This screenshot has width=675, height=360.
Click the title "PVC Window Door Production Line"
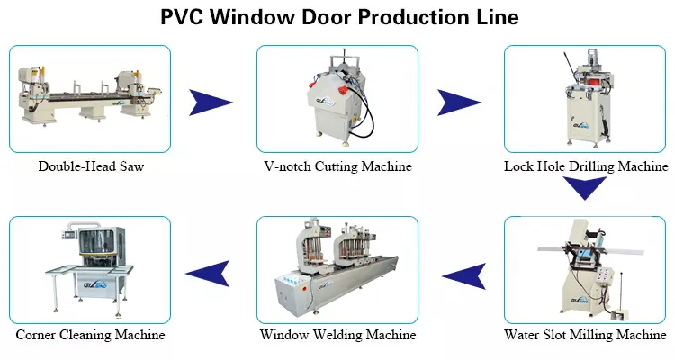[338, 17]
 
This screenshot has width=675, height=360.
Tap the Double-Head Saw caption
[91, 166]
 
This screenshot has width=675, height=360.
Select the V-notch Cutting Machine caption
[337, 166]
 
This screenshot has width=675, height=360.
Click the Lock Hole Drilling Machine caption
[586, 166]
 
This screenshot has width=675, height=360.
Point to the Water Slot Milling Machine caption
[586, 335]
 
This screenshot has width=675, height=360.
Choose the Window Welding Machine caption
[338, 335]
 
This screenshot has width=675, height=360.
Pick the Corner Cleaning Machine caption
[90, 335]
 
